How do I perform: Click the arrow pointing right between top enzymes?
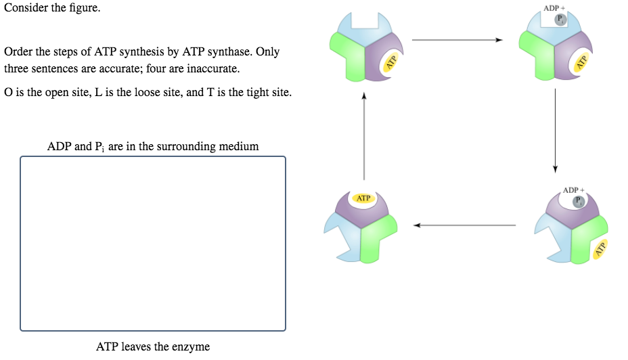457,41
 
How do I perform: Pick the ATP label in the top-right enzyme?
580,64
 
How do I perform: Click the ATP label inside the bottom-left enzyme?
363,198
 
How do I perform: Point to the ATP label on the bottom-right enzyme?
600,249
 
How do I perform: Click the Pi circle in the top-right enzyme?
560,20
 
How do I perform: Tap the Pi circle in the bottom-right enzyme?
579,201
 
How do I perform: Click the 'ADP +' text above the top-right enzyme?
554,8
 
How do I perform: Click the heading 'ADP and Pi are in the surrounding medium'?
153,146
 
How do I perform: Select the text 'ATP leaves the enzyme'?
153,347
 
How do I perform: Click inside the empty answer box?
153,244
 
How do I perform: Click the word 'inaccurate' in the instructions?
215,69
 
